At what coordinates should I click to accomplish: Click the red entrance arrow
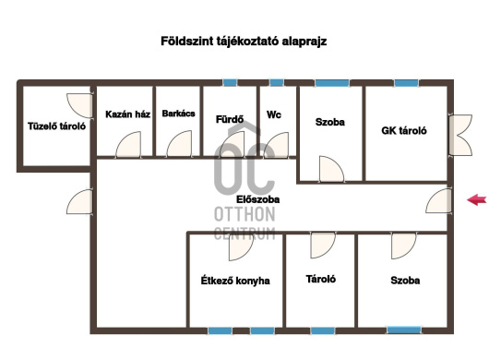(477, 199)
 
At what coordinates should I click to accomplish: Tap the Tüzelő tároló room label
(57, 126)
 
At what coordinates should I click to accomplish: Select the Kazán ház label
(128, 114)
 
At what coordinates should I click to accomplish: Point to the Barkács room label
(178, 114)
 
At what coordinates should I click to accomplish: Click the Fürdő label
(230, 119)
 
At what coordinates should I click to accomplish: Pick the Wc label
(274, 114)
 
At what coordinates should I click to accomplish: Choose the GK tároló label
(404, 130)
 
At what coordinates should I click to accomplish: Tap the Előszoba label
(258, 199)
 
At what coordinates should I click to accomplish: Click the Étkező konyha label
(235, 281)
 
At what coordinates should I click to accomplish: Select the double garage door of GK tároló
(460, 135)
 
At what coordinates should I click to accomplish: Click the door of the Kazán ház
(128, 144)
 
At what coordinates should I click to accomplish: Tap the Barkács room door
(179, 144)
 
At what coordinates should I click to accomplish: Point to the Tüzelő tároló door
(79, 105)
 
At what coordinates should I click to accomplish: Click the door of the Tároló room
(323, 246)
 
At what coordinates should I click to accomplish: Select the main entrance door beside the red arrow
(438, 200)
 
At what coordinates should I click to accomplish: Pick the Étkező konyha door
(241, 246)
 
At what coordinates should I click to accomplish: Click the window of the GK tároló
(406, 83)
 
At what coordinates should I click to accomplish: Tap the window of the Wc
(277, 83)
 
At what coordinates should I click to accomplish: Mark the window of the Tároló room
(323, 330)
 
